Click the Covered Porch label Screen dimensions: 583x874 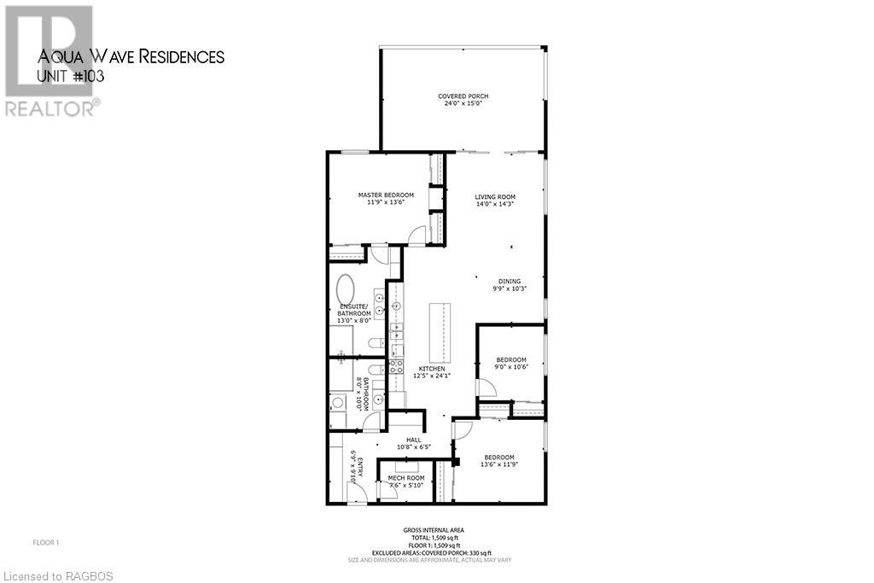coord(463,96)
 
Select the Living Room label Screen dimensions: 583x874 coord(495,197)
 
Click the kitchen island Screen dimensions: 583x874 coord(440,332)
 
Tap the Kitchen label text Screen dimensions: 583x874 coord(431,369)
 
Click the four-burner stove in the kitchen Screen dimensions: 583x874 coord(396,366)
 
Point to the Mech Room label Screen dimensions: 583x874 coord(406,477)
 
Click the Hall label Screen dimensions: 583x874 coord(413,440)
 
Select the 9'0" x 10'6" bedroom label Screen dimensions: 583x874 coord(511,359)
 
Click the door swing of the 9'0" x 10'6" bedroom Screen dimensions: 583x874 coord(485,388)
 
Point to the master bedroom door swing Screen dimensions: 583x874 coord(417,235)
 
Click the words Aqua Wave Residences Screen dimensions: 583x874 coord(131,57)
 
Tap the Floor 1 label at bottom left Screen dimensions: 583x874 coord(45,542)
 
